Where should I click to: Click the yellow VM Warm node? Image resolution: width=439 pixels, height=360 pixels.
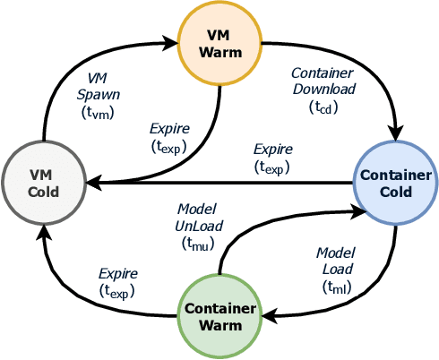pos(219,42)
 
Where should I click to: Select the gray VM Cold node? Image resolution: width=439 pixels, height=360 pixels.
pos(43,183)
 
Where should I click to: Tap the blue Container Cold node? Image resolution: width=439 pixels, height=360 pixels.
pos(395,183)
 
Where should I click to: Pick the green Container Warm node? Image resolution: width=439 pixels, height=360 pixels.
pos(219,316)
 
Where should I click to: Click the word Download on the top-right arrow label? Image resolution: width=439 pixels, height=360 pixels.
pos(323,89)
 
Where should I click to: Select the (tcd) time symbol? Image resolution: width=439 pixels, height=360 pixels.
pos(323,107)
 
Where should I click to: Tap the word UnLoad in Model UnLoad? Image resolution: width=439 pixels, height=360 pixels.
pos(198,226)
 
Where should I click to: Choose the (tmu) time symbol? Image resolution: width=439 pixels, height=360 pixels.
pos(198,243)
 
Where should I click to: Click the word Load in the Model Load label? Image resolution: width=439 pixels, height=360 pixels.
pos(337,269)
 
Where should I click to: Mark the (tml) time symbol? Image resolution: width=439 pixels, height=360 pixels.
pos(337,287)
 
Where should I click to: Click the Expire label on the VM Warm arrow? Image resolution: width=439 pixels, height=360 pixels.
pos(169,128)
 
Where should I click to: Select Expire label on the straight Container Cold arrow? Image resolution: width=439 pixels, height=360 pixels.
pos(273,149)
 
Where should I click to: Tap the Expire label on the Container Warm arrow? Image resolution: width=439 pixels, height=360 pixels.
pos(117,273)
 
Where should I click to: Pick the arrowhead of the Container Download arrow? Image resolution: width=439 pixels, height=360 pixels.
pos(395,134)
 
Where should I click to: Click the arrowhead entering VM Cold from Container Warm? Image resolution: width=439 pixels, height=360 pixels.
pos(43,232)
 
